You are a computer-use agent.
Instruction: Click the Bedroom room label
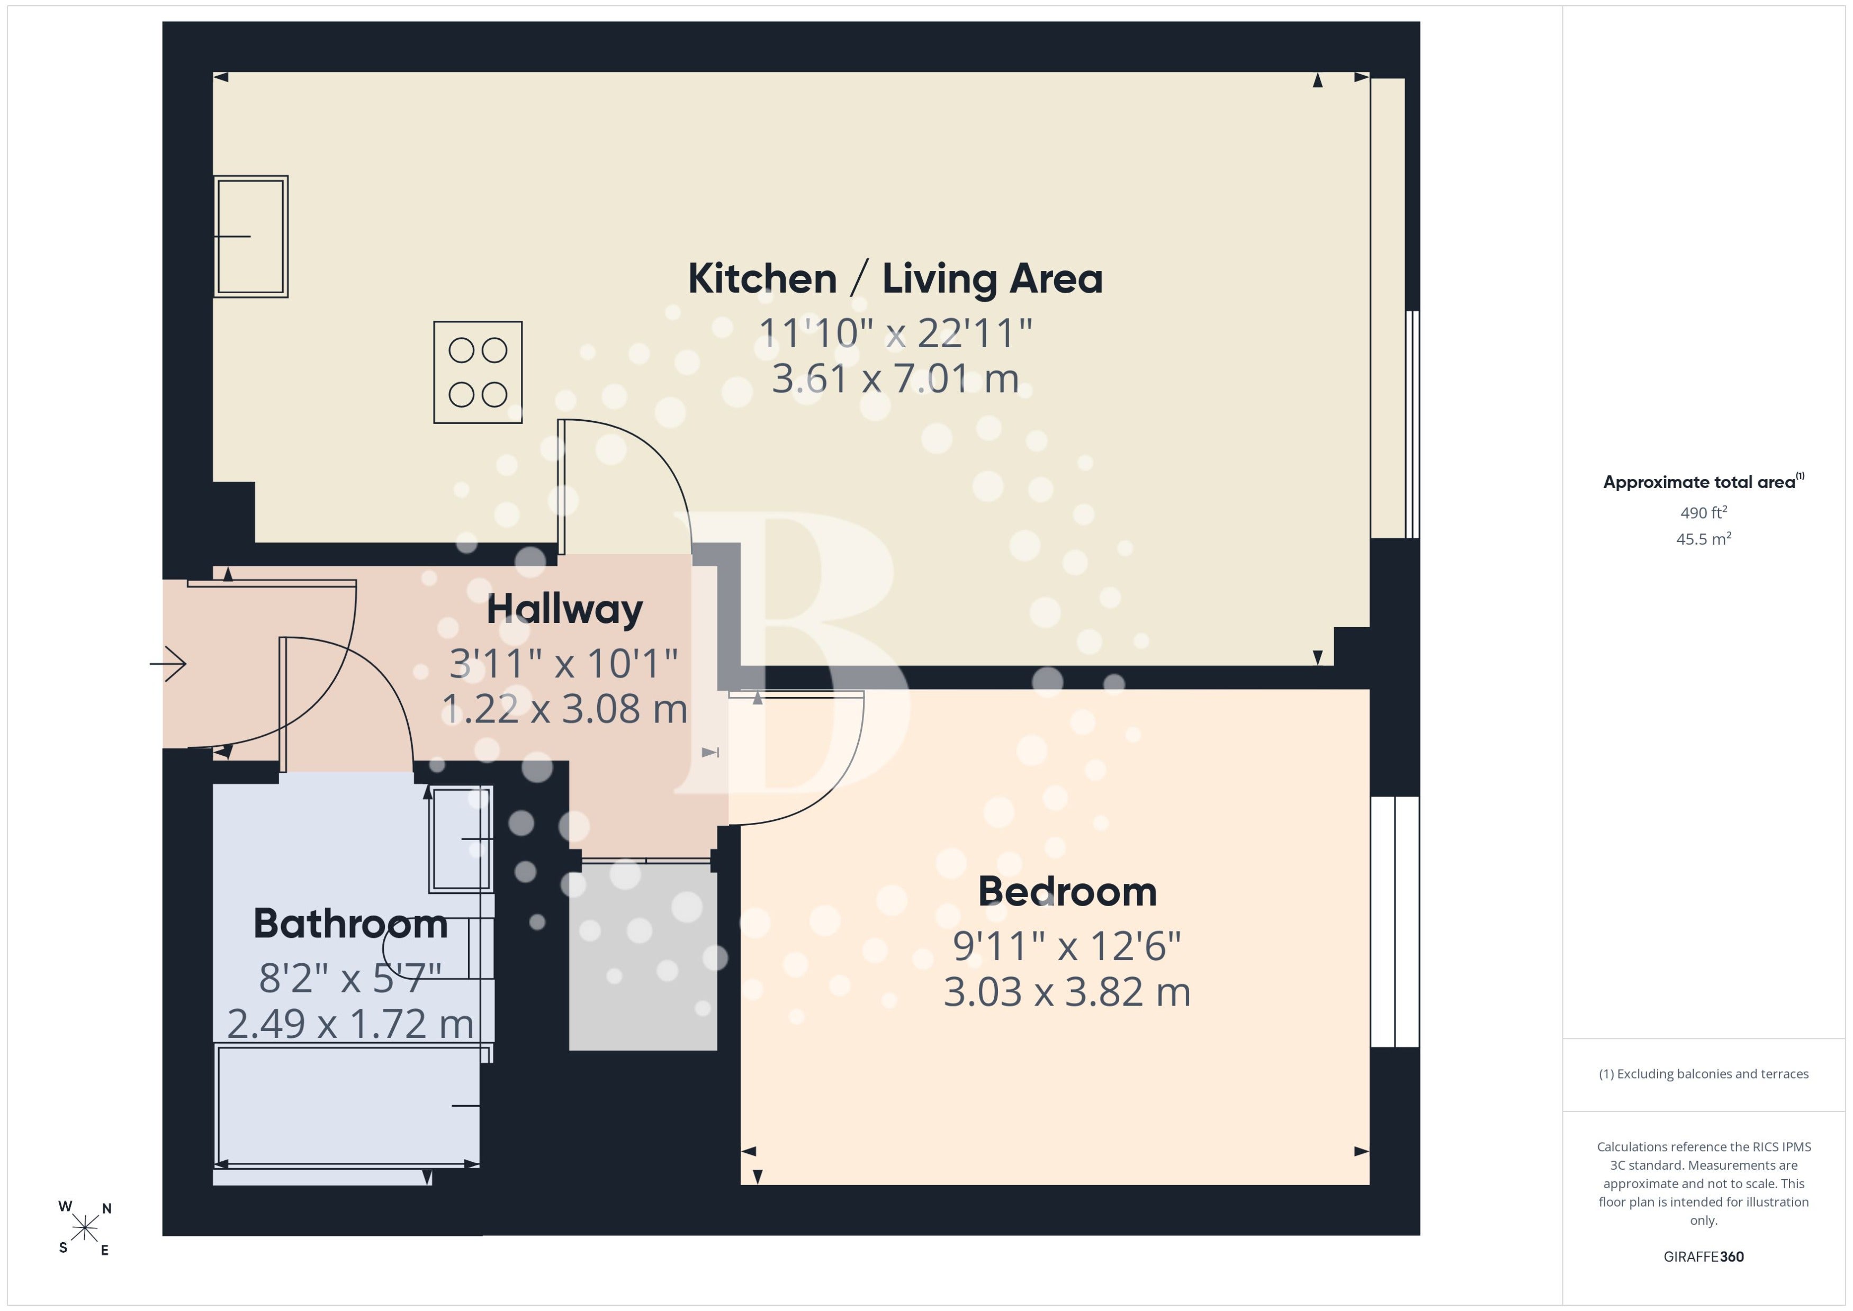[x=1067, y=892]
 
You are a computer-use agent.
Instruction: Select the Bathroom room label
[x=350, y=924]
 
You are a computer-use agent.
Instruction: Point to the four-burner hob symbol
[x=478, y=372]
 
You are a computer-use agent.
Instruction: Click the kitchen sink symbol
[x=250, y=237]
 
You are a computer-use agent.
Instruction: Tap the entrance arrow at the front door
[x=168, y=664]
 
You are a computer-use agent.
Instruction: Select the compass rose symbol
[x=85, y=1228]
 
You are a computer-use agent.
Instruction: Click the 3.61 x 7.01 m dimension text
[x=895, y=378]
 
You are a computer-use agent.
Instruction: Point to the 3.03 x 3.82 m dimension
[x=1067, y=992]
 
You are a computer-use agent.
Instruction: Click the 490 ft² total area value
[x=1704, y=513]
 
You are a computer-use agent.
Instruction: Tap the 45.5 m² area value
[x=1704, y=538]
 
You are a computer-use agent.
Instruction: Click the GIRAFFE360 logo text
[x=1704, y=1257]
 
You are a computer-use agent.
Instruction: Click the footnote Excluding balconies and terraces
[x=1704, y=1074]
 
